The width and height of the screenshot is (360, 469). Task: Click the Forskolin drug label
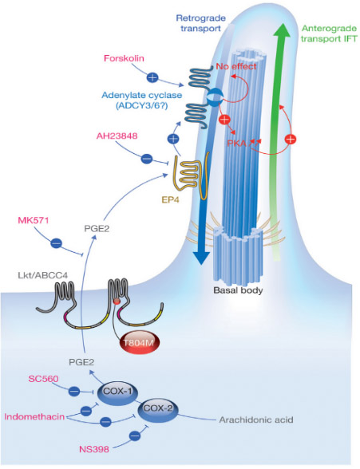(x=124, y=58)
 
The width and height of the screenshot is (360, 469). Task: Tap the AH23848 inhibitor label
(x=117, y=136)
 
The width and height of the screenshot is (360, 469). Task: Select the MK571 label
(x=34, y=220)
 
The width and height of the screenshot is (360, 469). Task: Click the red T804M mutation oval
(x=138, y=342)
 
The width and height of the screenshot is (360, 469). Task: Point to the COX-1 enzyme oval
(x=117, y=392)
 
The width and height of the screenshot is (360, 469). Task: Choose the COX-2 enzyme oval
(x=157, y=409)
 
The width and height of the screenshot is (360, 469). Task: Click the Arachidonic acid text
(x=256, y=420)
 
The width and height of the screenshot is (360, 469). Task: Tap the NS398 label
(x=94, y=449)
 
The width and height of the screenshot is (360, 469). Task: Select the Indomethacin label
(x=34, y=416)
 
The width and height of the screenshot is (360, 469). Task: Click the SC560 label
(x=43, y=379)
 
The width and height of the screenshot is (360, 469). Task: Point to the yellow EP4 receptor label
(x=170, y=199)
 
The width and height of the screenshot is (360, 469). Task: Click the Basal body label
(x=238, y=290)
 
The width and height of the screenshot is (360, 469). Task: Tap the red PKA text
(x=237, y=144)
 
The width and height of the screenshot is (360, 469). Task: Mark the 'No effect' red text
(x=236, y=66)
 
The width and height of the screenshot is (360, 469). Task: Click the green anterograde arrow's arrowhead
(x=281, y=30)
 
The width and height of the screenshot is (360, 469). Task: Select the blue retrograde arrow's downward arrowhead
(x=201, y=258)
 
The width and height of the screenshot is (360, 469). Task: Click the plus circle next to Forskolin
(x=152, y=78)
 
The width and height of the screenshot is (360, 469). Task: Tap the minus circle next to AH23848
(x=147, y=158)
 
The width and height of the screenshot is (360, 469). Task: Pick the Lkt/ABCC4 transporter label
(x=43, y=275)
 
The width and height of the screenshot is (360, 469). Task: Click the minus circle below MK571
(x=56, y=243)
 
